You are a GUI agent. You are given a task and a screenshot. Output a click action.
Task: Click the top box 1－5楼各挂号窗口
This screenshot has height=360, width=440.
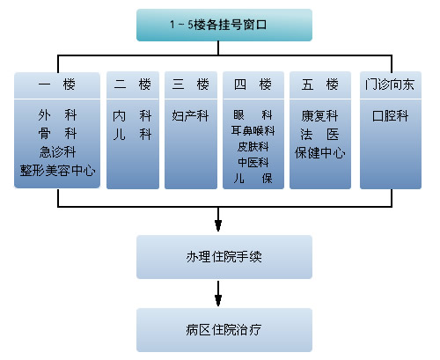tap(224, 25)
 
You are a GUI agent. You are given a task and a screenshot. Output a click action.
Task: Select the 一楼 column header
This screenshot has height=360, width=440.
tap(57, 85)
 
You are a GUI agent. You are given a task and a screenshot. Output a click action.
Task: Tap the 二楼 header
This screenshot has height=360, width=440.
tap(133, 85)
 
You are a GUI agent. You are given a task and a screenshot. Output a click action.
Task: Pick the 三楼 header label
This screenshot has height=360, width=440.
tap(191, 85)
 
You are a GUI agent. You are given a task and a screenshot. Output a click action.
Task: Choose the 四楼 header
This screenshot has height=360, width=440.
tap(253, 85)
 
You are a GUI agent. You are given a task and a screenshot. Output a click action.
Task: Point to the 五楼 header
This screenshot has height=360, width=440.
tap(320, 85)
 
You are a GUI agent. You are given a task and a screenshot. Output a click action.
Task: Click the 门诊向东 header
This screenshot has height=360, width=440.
tap(391, 85)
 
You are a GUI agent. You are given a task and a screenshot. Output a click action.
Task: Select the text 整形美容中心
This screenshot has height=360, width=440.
tap(57, 171)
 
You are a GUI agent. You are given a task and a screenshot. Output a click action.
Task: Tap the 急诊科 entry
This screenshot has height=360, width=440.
tap(57, 152)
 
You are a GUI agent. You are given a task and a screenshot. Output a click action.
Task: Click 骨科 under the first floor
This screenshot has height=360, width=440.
tap(57, 134)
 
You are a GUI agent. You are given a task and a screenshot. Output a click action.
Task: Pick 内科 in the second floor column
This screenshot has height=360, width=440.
tap(132, 116)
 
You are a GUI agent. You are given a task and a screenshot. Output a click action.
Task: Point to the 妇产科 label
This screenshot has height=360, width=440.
tap(190, 116)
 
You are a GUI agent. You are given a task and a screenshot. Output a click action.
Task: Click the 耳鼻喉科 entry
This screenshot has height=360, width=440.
tap(253, 130)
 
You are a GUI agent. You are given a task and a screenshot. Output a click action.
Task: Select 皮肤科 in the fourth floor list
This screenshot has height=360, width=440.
tap(253, 146)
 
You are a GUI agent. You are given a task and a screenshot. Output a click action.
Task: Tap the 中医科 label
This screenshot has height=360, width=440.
tap(253, 162)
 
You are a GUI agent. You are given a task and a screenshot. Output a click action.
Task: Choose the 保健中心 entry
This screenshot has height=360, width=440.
tap(320, 153)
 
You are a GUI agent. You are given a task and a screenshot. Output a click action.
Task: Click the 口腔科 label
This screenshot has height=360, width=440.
tap(390, 116)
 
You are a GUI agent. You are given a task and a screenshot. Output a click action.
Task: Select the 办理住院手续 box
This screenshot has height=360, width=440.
tap(224, 257)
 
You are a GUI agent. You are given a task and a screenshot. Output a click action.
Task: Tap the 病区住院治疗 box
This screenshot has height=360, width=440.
tap(224, 330)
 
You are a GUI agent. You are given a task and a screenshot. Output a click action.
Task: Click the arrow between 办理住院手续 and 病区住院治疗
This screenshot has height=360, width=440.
tap(218, 293)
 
